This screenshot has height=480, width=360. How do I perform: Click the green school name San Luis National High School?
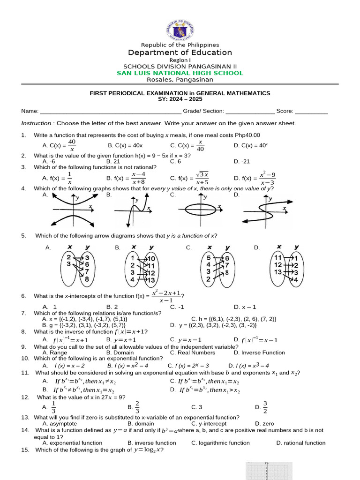pyautogui.click(x=180, y=73)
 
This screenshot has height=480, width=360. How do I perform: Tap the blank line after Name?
pyautogui.click(x=111, y=112)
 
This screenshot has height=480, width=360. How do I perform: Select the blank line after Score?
pyautogui.click(x=312, y=112)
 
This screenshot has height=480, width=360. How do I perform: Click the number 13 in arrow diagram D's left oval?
pyautogui.click(x=278, y=272)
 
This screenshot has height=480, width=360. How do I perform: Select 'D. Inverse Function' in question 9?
pyautogui.click(x=259, y=352)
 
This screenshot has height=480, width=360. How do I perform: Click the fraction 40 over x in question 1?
pyautogui.click(x=72, y=145)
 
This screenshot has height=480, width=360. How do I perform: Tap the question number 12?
pyautogui.click(x=25, y=397)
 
